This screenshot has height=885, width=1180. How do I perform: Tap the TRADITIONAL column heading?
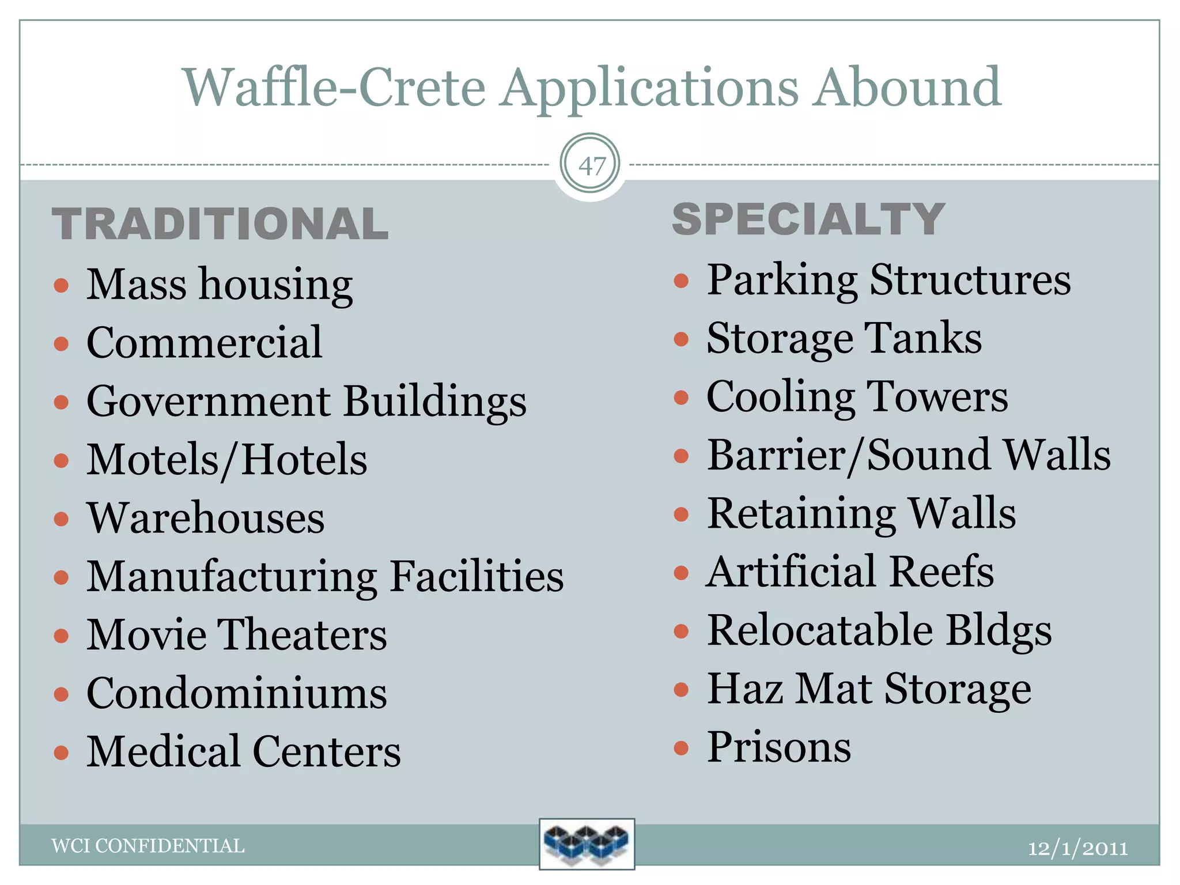click(x=220, y=224)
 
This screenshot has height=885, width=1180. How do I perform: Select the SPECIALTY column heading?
click(x=808, y=220)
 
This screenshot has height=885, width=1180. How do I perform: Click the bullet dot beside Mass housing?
click(x=61, y=285)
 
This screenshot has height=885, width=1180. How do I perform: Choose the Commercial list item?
click(x=204, y=343)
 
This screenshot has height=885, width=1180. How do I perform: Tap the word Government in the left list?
click(x=209, y=402)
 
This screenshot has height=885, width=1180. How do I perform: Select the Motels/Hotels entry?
click(x=226, y=460)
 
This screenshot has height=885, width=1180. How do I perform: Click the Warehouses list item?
click(x=205, y=518)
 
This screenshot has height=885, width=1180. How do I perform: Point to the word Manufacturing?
click(x=232, y=577)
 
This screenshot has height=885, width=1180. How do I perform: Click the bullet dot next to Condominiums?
click(x=61, y=694)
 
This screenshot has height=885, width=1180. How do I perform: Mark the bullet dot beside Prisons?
click(x=681, y=748)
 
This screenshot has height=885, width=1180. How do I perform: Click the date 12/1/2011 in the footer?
click(x=1077, y=848)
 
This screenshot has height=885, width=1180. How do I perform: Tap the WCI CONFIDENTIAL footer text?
click(x=148, y=846)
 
